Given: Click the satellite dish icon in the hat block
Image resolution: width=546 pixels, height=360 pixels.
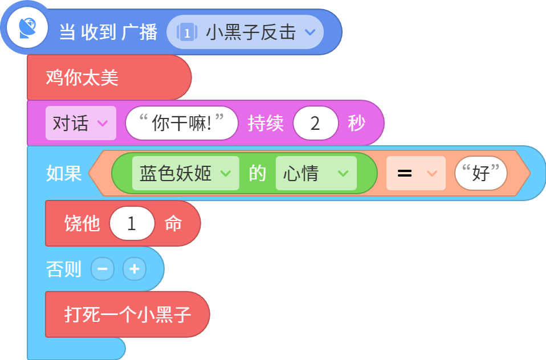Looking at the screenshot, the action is point(27,27).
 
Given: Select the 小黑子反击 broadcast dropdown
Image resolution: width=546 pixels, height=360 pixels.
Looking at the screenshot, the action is point(245,32).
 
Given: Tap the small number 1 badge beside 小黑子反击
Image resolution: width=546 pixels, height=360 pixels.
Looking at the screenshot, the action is point(187,32).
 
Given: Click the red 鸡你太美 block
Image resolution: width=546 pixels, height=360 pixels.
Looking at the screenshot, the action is point(109,77).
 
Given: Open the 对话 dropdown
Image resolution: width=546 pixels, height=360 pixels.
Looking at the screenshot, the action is point(81,123).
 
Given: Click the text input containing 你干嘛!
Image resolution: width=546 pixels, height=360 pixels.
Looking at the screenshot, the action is point(182,123).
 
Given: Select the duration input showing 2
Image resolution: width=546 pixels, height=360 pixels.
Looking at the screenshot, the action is point(316,123).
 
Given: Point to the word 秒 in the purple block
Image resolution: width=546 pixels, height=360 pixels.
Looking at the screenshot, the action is point(357,123).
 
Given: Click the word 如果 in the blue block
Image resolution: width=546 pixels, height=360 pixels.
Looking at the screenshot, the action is point(64,173).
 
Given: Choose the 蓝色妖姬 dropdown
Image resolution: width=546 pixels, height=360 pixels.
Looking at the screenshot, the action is point(186,173).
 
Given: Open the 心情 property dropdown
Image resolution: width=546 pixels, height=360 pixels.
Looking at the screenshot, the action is point(316,173).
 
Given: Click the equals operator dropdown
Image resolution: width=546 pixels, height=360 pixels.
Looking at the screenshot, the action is point(416,173).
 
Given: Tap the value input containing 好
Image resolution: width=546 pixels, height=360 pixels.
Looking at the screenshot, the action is point(481,173).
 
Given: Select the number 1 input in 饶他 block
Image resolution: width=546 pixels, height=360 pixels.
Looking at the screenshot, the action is point(132,223).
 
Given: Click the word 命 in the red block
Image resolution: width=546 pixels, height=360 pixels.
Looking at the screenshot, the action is point(173,223).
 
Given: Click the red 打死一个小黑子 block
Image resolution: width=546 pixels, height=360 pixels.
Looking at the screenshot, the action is point(128,314).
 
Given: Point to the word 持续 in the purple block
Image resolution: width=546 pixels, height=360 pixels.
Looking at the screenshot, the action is point(266,123).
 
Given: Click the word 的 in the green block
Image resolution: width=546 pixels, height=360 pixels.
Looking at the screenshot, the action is point(258,173).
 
